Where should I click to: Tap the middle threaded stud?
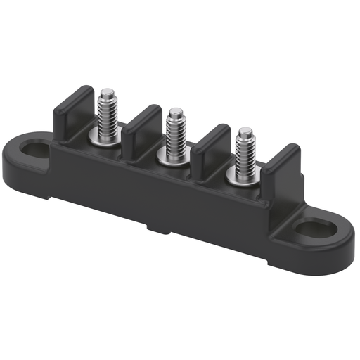pyautogui.click(x=176, y=132)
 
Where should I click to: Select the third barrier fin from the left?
pyautogui.click(x=211, y=146)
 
